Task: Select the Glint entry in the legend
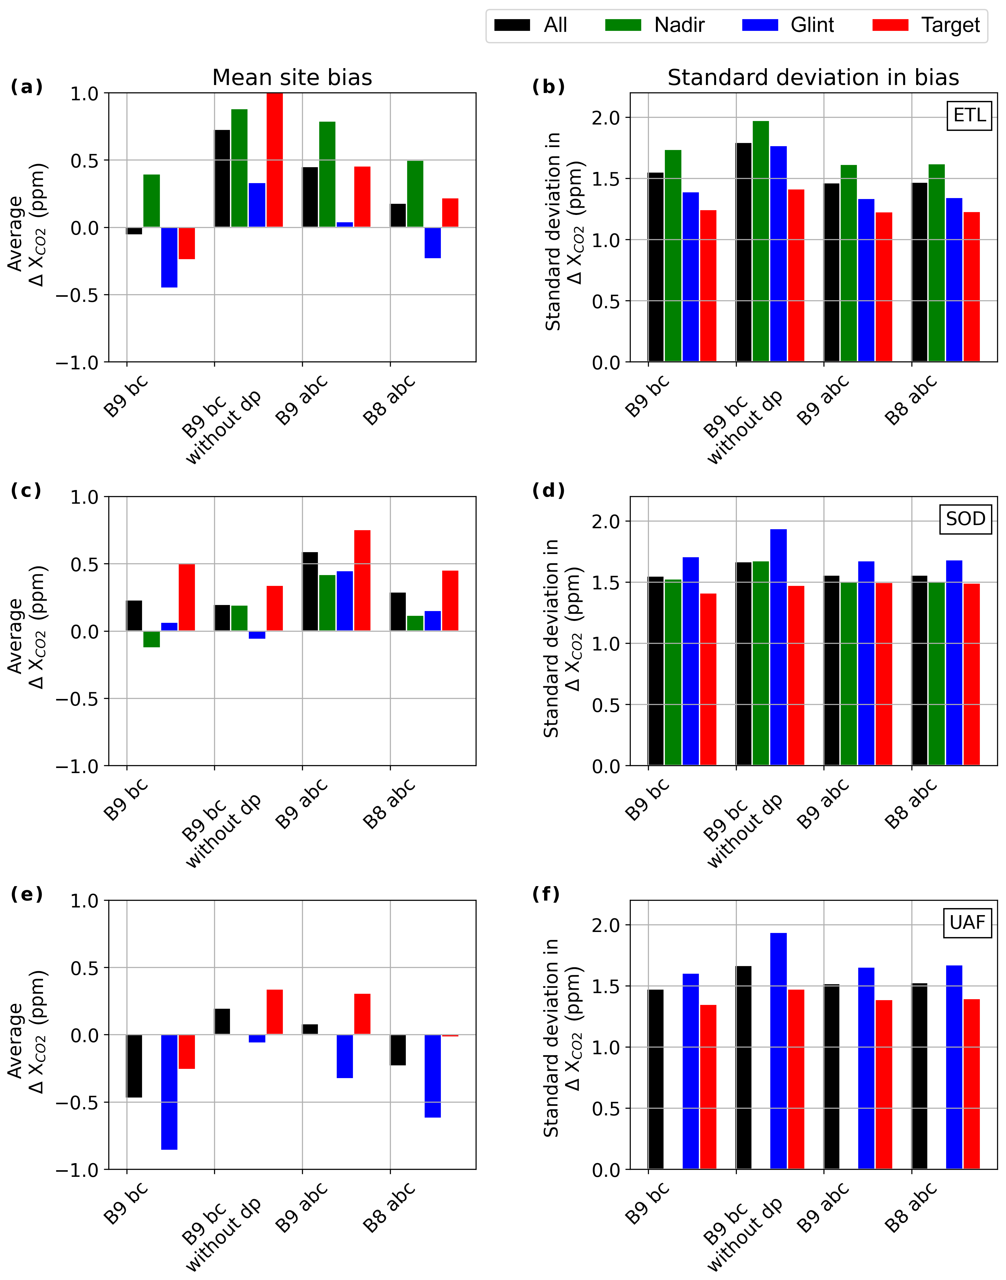(788, 25)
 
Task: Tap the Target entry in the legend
(926, 25)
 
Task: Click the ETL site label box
(969, 115)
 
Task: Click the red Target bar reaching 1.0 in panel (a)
(275, 160)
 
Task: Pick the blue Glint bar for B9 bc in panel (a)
(169, 257)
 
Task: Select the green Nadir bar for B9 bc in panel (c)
(151, 639)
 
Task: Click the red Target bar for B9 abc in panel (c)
(362, 580)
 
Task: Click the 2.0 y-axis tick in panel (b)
(606, 118)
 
